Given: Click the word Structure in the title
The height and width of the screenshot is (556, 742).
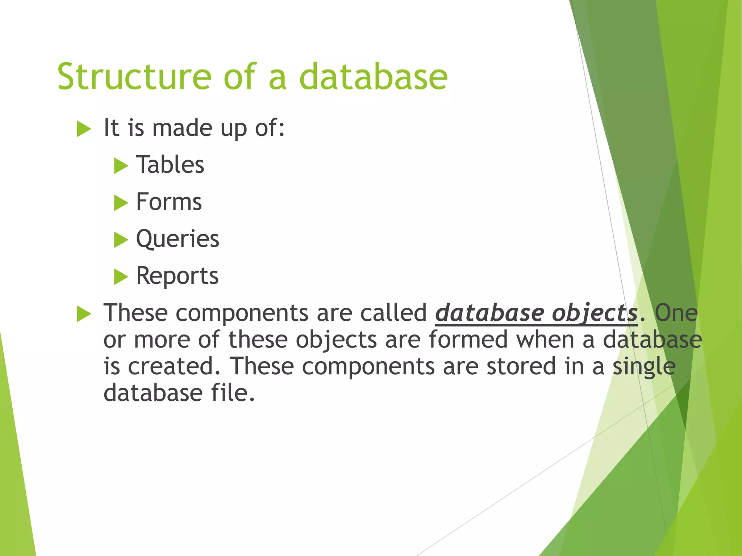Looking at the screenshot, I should point(134,77).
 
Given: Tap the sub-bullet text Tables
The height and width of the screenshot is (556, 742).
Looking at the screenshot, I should point(170,165).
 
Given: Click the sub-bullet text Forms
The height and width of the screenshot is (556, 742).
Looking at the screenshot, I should point(169,202).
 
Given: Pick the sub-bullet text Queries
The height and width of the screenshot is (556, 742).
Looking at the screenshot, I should point(178,239).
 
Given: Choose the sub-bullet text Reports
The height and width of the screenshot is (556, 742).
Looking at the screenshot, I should point(177,276).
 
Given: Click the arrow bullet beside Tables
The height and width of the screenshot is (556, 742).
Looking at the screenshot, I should point(121,166).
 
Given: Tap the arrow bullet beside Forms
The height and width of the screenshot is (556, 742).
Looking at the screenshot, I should point(121,203).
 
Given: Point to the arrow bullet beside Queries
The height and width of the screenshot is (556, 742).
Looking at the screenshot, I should point(121,240).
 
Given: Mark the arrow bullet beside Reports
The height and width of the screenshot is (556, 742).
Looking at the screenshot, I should point(121,277).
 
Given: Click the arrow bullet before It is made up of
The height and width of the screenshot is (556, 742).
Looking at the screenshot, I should point(84,129).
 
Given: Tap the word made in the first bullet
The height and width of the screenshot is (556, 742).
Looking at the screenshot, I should point(182,128).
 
